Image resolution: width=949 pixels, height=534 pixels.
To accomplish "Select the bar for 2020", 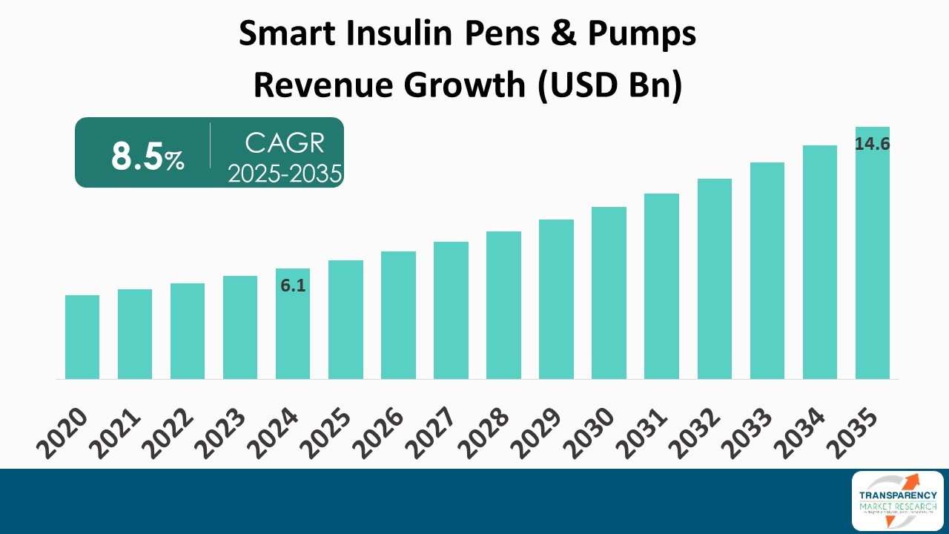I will point(82,337).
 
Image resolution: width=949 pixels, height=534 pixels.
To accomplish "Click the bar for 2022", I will point(188,332).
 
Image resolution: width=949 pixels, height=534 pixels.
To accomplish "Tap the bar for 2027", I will point(451,311).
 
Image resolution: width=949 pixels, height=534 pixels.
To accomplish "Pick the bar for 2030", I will point(609,293).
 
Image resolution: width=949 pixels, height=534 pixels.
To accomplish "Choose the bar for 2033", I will point(767,271).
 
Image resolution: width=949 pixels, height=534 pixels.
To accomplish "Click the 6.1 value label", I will point(294,286).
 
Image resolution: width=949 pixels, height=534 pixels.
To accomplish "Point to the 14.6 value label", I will point(872,145).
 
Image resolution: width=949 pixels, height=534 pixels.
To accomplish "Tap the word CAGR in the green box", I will point(285,142).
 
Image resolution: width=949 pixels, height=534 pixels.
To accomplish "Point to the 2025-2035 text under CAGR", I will point(285,174).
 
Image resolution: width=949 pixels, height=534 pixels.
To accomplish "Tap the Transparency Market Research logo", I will point(898,501).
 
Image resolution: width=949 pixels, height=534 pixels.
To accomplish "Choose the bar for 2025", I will point(345,320).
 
